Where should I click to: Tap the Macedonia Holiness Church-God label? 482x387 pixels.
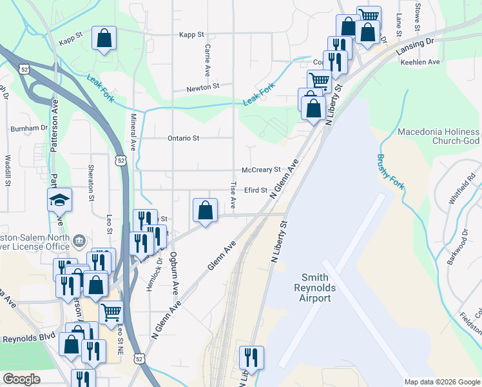point(438,136)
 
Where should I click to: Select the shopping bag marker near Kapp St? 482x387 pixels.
point(104,39)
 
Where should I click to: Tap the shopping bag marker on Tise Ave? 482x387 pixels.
point(204,210)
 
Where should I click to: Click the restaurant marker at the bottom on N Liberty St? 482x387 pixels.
point(250,358)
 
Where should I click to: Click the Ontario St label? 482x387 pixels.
point(184,138)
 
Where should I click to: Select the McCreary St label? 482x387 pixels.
point(260,170)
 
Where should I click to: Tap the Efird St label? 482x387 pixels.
point(255,190)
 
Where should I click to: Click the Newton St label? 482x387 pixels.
point(203,86)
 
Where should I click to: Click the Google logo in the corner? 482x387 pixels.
point(22,379)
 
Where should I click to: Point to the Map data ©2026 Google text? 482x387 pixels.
point(441,382)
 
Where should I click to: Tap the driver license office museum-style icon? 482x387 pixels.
point(79,241)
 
